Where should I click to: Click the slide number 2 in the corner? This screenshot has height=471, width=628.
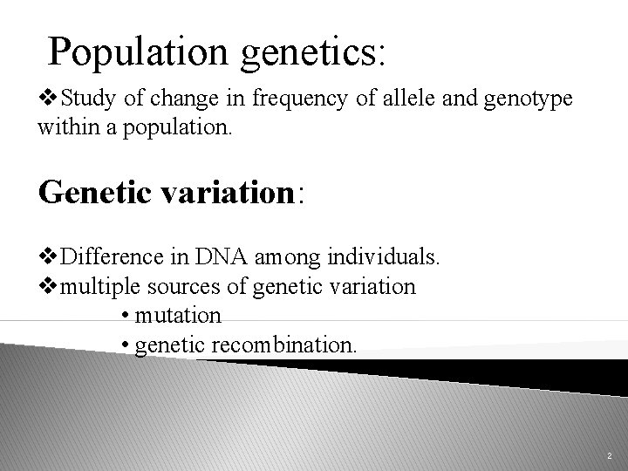pyautogui.click(x=608, y=455)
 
